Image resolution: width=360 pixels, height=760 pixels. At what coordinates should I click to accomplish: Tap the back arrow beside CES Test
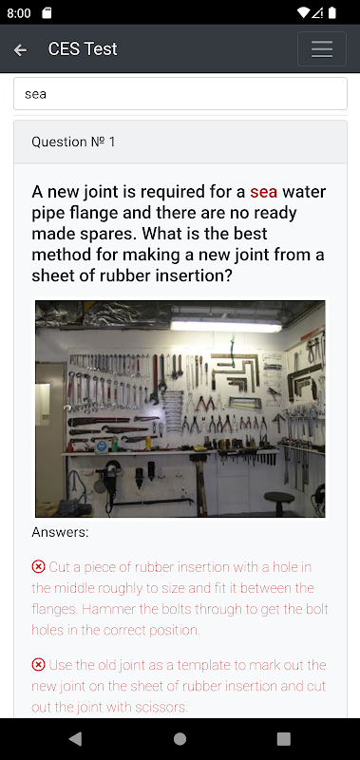(x=20, y=49)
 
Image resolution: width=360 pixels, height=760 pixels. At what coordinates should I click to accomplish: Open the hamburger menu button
(x=322, y=49)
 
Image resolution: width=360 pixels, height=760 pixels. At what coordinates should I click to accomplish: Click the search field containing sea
(x=180, y=93)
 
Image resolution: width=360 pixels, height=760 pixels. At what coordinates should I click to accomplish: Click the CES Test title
(x=83, y=49)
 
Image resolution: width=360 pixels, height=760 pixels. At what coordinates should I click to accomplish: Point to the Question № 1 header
(x=73, y=142)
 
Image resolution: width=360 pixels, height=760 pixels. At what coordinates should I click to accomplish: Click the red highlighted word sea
(x=263, y=192)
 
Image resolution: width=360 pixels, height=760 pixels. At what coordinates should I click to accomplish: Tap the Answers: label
(x=60, y=532)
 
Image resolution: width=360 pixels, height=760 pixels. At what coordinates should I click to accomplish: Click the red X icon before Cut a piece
(x=38, y=566)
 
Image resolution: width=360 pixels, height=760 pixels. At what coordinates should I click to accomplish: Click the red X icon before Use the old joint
(x=38, y=664)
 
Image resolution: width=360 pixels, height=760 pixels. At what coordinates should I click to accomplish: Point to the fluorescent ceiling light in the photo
(x=226, y=325)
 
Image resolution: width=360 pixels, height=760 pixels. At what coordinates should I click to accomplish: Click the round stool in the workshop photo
(x=280, y=500)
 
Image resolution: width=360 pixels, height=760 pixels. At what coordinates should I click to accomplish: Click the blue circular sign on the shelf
(x=102, y=446)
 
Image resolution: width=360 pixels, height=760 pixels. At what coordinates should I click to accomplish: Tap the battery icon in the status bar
(x=332, y=13)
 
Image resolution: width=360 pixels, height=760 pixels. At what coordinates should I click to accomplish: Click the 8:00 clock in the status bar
(x=19, y=13)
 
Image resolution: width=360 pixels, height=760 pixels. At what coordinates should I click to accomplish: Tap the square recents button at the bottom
(x=283, y=739)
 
